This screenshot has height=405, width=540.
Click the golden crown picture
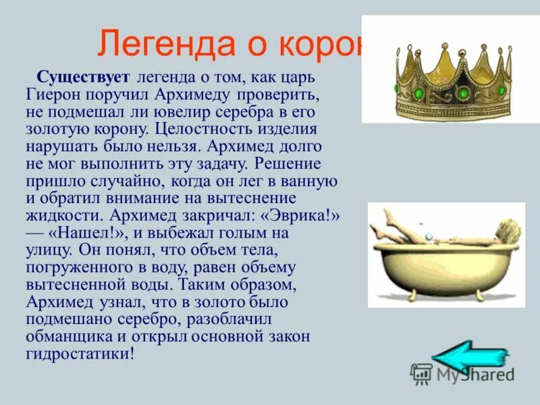[x=449, y=71]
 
